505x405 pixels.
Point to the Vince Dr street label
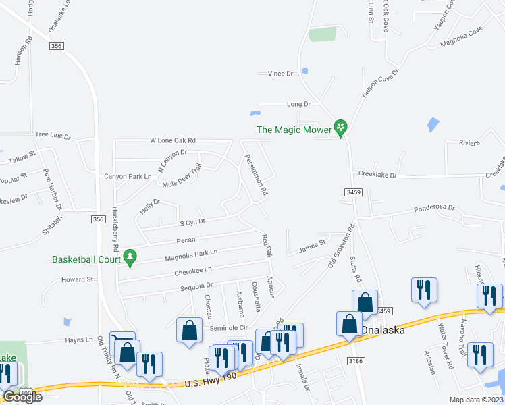(x=281, y=73)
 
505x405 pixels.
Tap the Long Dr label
(x=298, y=104)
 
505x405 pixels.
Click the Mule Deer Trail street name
(x=182, y=175)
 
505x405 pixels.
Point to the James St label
(x=312, y=246)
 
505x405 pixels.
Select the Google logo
(x=22, y=397)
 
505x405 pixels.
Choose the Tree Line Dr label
(x=53, y=136)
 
